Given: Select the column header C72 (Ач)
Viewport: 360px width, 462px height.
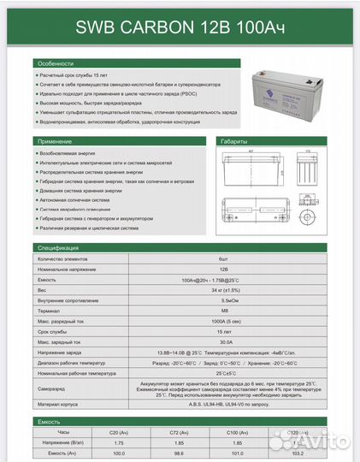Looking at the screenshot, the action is (180, 434).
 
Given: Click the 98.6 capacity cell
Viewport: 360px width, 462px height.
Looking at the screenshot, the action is (180, 454).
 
